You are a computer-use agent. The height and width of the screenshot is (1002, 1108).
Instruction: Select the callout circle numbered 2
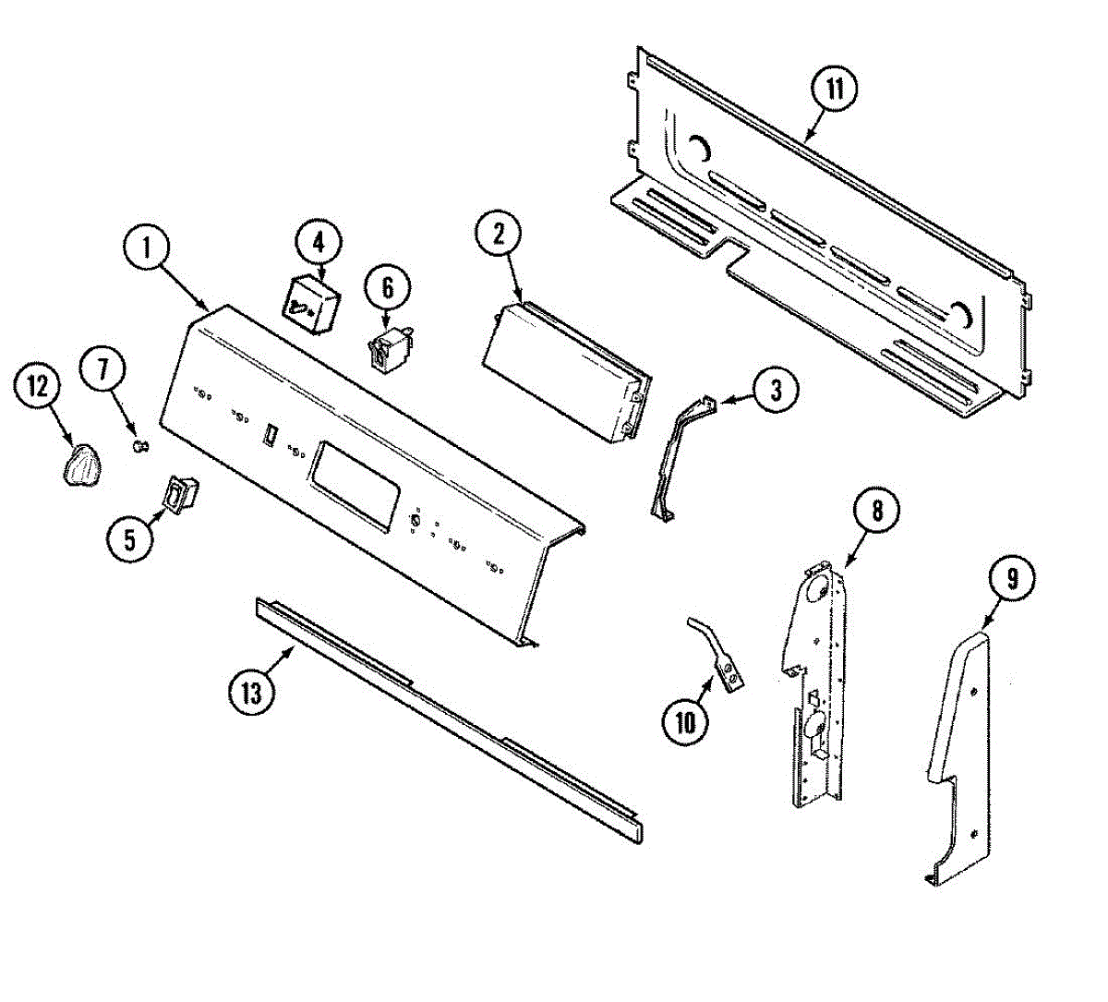point(499,235)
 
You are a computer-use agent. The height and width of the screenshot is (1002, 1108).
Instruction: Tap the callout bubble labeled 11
point(834,90)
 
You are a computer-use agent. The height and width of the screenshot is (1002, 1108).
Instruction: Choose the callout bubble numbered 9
point(1012,579)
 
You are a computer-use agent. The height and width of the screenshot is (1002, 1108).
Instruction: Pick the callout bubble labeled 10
point(685,721)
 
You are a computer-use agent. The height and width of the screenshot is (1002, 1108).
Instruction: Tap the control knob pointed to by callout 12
point(81,464)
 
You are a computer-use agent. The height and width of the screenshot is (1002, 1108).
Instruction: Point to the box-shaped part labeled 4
point(310,302)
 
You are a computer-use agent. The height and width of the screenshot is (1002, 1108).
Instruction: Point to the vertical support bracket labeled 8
point(817,683)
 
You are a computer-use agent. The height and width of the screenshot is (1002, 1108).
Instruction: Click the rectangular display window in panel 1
point(355,481)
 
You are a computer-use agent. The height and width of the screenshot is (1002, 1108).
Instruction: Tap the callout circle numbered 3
point(776,390)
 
